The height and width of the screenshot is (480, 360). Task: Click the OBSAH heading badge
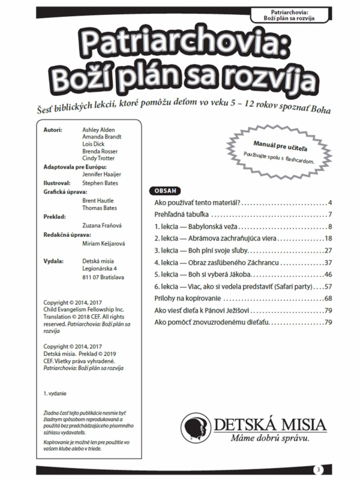(x=165, y=191)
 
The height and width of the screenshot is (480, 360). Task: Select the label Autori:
(x=53, y=130)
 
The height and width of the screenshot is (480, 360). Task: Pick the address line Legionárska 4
(x=103, y=269)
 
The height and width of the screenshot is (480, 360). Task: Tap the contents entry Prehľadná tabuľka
(x=181, y=215)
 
